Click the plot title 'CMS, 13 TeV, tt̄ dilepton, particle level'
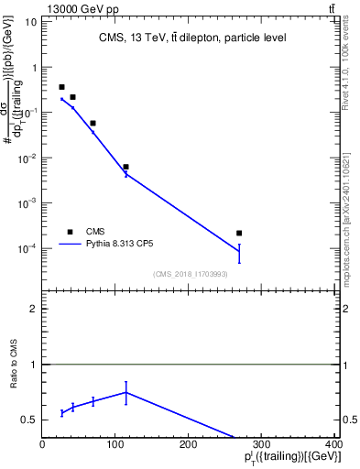point(192,38)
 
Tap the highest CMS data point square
point(61,87)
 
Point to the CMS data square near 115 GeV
point(125,167)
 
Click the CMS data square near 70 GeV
point(93,123)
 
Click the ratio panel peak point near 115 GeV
point(125,392)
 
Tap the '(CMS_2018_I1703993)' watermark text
point(192,273)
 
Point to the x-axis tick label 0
point(42,442)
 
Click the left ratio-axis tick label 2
point(33,310)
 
